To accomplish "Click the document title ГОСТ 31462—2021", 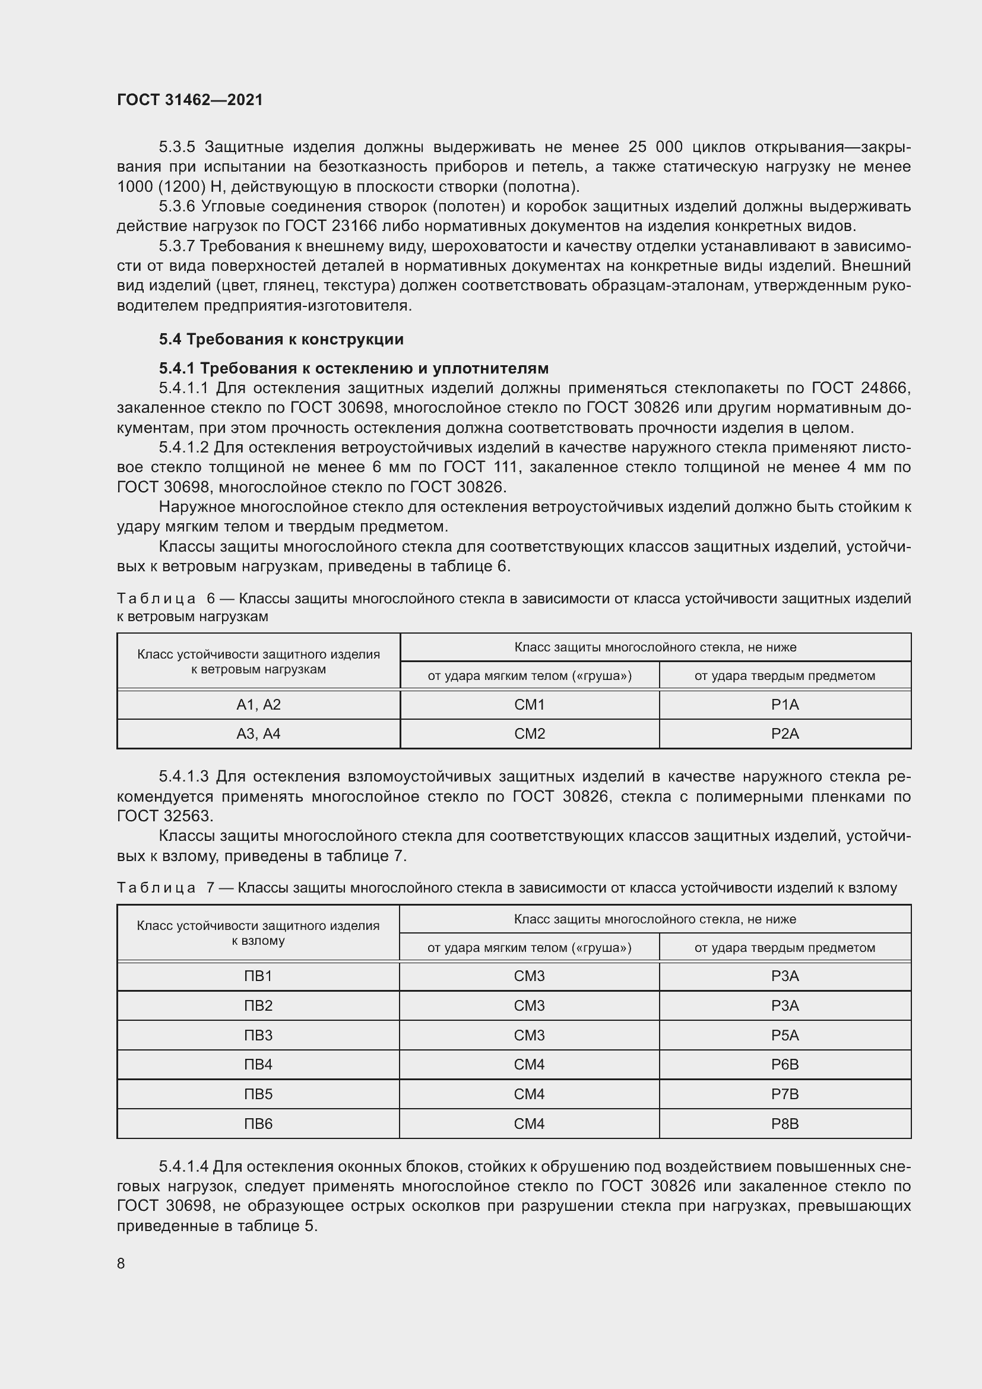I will pyautogui.click(x=190, y=100).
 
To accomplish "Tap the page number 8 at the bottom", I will pyautogui.click(x=121, y=1264).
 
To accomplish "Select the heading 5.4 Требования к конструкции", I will pyautogui.click(x=281, y=340).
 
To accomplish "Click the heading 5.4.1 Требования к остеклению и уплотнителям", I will pyautogui.click(x=354, y=368).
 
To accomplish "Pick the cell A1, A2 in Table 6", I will pyautogui.click(x=258, y=705).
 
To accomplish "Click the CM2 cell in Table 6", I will pyautogui.click(x=530, y=734).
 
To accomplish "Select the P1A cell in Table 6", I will pyautogui.click(x=785, y=705).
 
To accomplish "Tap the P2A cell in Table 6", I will pyautogui.click(x=785, y=734).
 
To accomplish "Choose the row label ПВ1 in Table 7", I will pyautogui.click(x=258, y=976).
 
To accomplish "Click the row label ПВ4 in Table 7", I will pyautogui.click(x=258, y=1064).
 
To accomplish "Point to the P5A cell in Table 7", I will pyautogui.click(x=785, y=1035).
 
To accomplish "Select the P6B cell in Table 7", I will pyautogui.click(x=785, y=1064).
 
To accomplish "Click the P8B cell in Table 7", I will pyautogui.click(x=785, y=1124).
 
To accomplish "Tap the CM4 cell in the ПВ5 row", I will pyautogui.click(x=529, y=1094).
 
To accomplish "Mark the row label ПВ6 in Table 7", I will pyautogui.click(x=258, y=1124).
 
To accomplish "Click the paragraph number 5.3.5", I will pyautogui.click(x=176, y=147).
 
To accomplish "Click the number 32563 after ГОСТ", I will pyautogui.click(x=188, y=816).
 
